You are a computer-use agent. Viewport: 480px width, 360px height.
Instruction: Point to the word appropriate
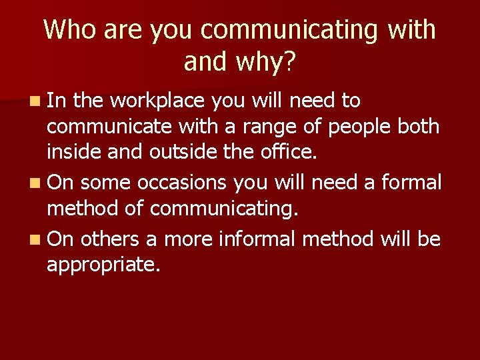(x=103, y=265)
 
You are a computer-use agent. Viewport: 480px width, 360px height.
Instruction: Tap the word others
(x=109, y=238)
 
